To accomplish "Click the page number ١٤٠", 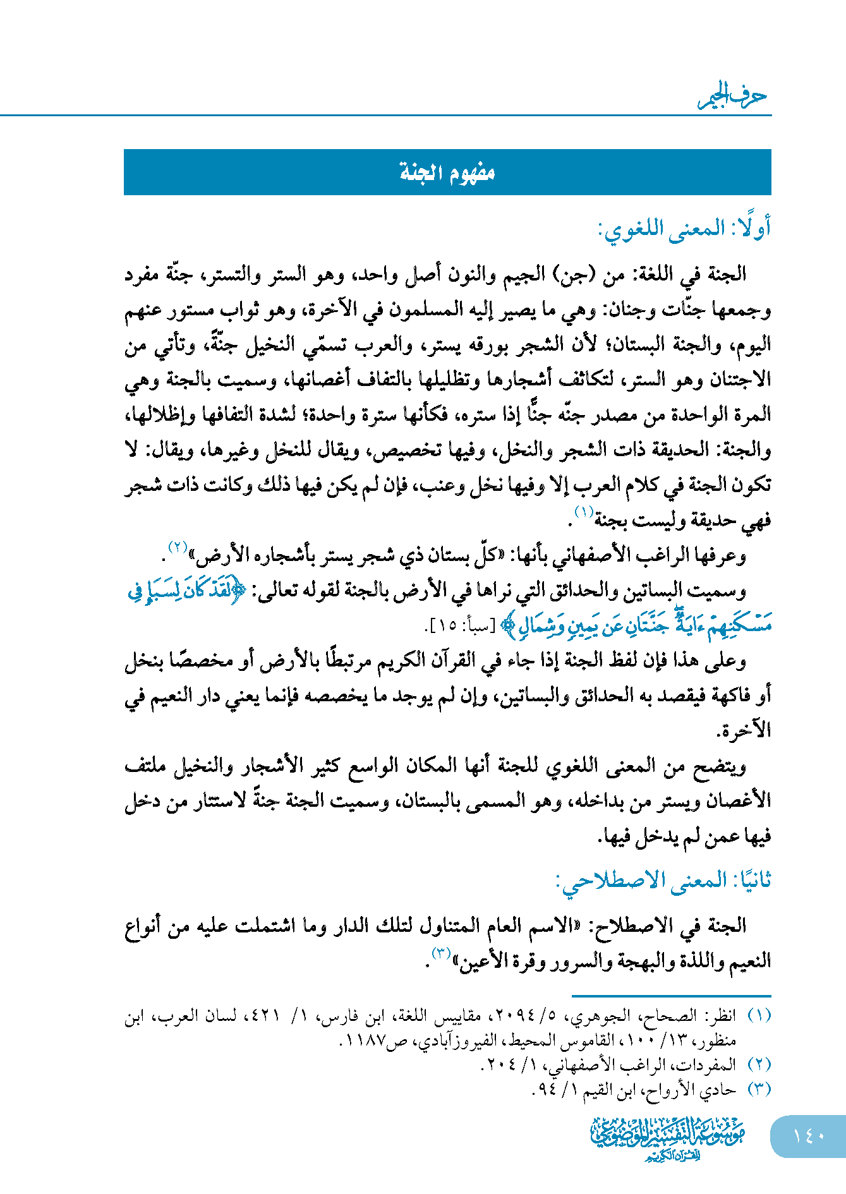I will tap(808, 1135).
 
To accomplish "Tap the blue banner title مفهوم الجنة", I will tap(447, 172).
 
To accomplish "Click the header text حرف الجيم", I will tap(733, 97).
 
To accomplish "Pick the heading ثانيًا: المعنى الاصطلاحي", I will tap(663, 880).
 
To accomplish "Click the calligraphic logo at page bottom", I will tap(668, 1138).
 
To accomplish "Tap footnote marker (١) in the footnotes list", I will tap(759, 1016).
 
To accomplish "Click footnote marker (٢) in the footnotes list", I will tap(759, 1065).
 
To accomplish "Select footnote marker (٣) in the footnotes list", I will tap(759, 1089).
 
